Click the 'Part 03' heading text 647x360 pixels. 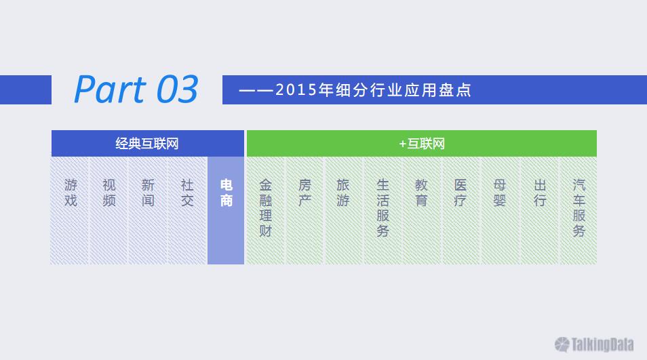(x=136, y=89)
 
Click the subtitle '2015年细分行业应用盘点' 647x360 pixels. (x=373, y=90)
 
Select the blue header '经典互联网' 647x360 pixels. (x=148, y=144)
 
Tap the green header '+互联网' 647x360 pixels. (x=422, y=144)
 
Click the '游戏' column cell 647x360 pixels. (x=70, y=210)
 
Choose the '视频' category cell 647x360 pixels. (x=109, y=210)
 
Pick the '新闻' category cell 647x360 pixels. (x=148, y=210)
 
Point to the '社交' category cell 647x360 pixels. (x=187, y=210)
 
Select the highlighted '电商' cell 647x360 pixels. (x=226, y=210)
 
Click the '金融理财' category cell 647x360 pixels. (x=265, y=210)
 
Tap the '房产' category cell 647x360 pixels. (x=305, y=210)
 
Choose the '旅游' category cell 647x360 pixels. (x=343, y=210)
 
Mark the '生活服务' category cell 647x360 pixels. (x=383, y=210)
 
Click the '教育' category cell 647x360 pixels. (x=421, y=210)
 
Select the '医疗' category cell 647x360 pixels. (x=460, y=210)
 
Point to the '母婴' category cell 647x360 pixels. (x=500, y=210)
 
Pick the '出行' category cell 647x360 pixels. (x=539, y=210)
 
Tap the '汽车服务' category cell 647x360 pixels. (x=579, y=210)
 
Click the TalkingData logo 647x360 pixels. (x=594, y=344)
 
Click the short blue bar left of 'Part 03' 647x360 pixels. (x=26, y=89)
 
